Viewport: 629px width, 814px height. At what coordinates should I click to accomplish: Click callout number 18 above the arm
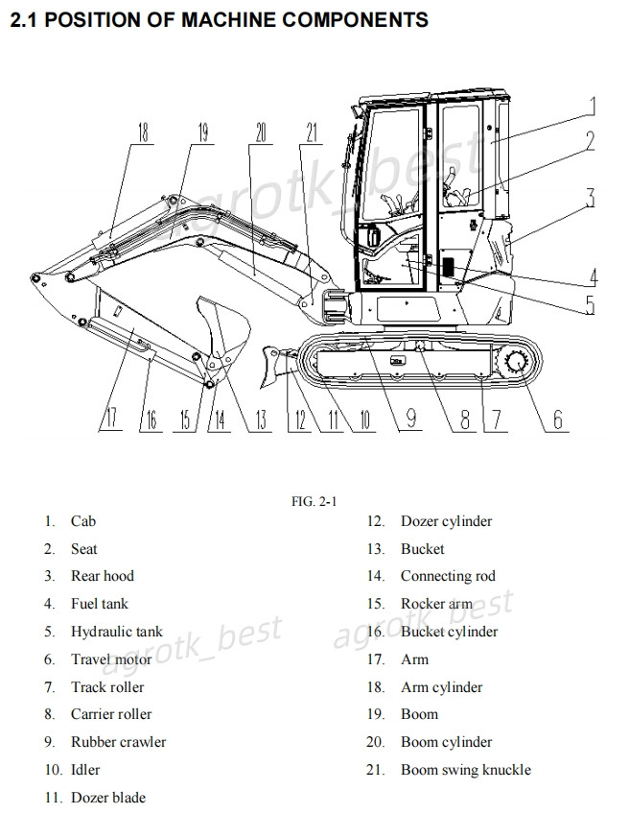143,132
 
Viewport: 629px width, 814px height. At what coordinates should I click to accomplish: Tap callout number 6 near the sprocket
558,419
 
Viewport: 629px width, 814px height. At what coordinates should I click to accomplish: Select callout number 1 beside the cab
593,107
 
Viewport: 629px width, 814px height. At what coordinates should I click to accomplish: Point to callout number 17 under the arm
112,418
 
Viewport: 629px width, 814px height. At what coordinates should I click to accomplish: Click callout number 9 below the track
410,419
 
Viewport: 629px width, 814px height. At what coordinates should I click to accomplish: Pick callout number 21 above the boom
310,132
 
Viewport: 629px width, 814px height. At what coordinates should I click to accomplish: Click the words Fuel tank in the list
99,604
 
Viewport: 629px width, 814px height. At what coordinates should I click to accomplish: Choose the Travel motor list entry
110,659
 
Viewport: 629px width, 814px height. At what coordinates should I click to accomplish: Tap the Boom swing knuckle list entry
465,770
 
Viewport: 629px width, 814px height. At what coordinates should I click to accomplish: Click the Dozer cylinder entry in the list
446,521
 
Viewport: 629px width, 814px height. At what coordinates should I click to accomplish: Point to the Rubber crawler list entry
118,742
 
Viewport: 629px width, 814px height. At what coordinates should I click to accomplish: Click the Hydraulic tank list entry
116,632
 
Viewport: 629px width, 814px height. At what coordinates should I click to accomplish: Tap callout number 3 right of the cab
591,198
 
